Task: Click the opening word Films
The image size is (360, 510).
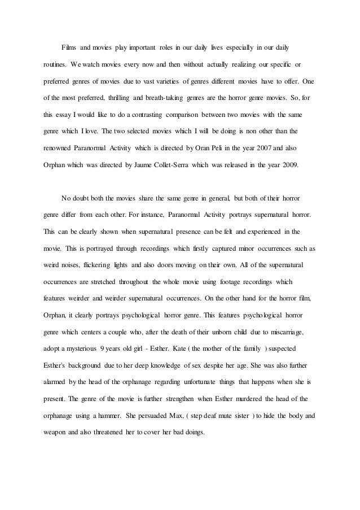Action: (70, 44)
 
